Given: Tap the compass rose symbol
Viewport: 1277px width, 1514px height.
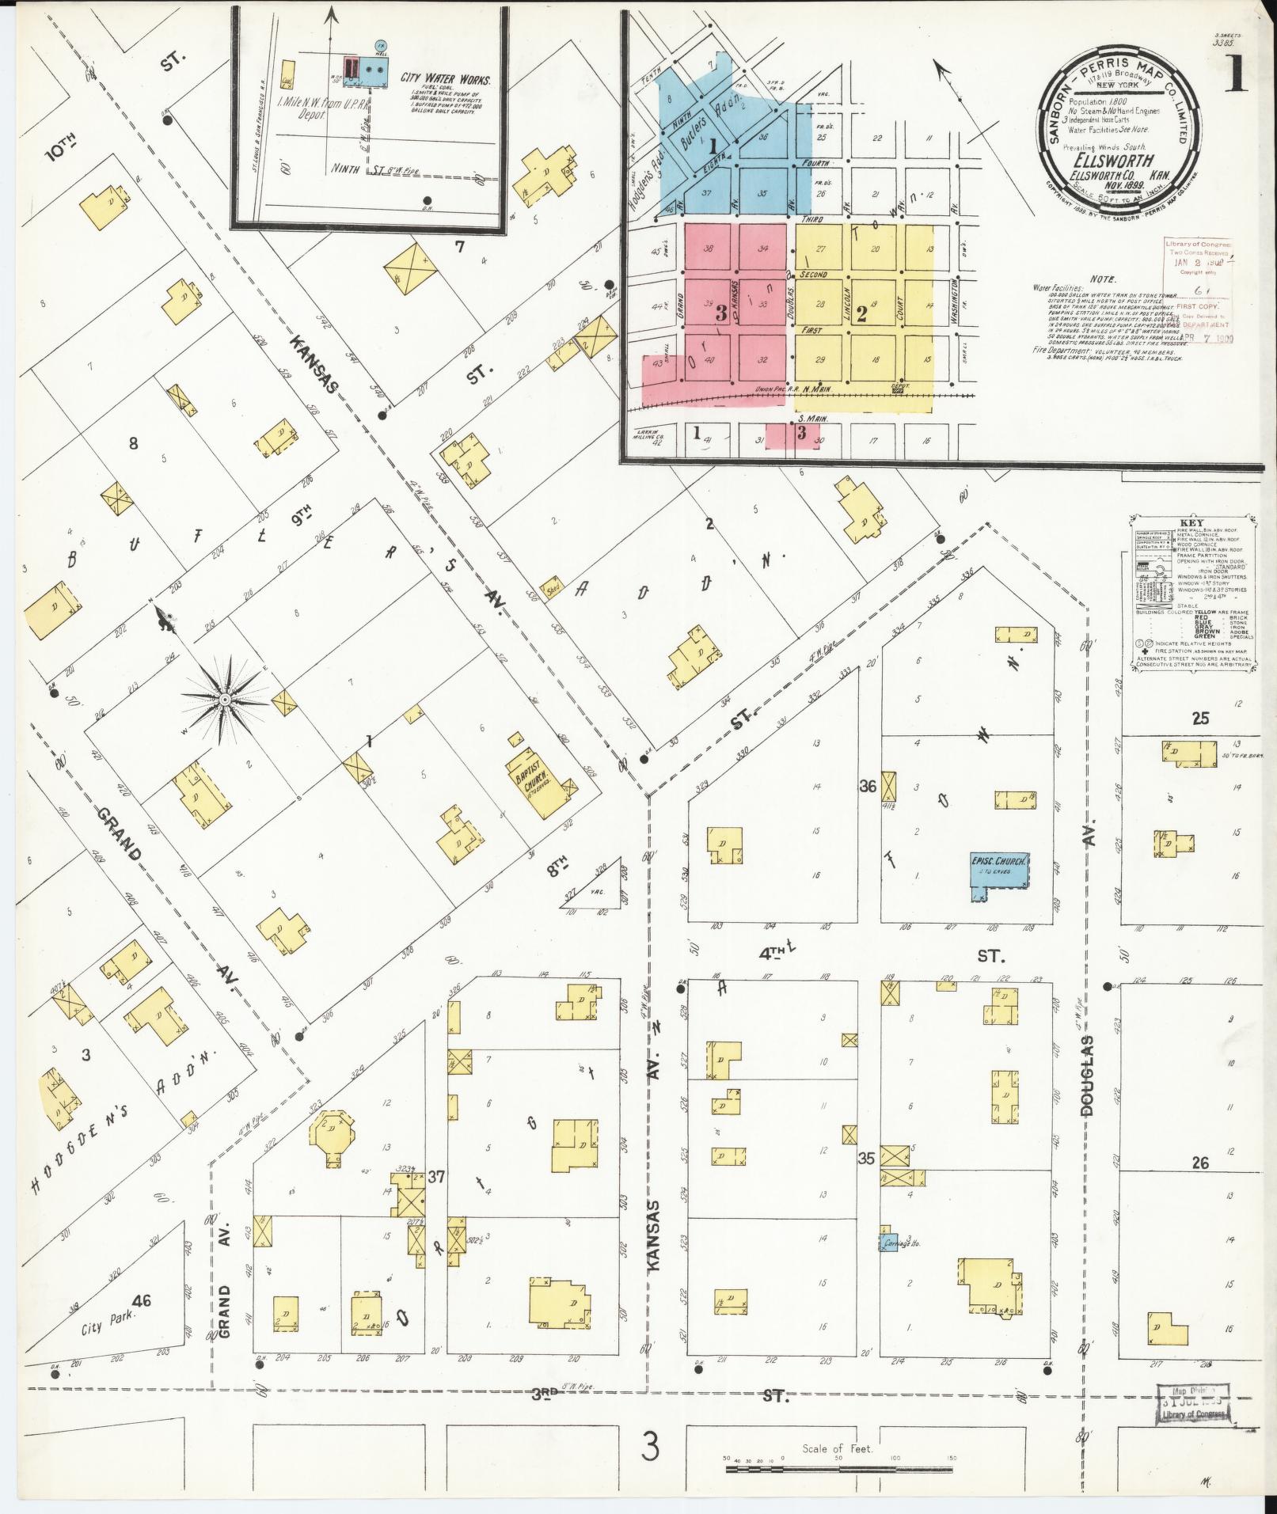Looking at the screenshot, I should click(225, 699).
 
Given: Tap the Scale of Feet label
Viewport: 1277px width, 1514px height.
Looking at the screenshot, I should click(837, 1449).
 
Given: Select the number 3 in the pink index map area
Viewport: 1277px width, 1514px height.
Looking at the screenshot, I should click(720, 313).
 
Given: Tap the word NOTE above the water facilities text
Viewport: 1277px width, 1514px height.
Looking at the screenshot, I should click(1102, 279).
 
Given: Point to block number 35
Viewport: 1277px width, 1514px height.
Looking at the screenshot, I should click(866, 1159).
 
